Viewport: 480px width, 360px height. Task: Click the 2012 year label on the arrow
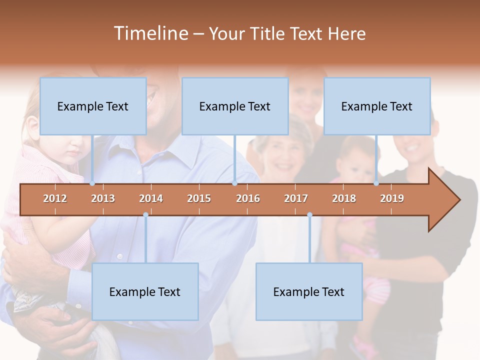[x=55, y=198]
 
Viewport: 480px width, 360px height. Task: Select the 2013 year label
[x=103, y=198]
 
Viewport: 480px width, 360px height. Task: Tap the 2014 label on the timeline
[x=151, y=198]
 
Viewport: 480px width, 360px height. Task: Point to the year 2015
[x=199, y=198]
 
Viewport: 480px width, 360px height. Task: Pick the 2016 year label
[x=248, y=198]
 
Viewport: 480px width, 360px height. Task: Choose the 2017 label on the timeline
[x=296, y=198]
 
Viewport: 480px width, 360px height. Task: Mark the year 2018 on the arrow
[x=344, y=198]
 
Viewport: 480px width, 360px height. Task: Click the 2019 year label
[x=392, y=198]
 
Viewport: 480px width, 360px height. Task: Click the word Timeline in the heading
[x=150, y=33]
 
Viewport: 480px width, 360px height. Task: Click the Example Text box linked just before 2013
[x=93, y=106]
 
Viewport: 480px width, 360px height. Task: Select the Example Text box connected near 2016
[x=235, y=106]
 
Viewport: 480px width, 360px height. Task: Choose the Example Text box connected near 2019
[x=377, y=106]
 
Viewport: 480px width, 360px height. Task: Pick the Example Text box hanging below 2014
[x=145, y=291]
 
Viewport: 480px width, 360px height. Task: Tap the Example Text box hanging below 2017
[x=309, y=291]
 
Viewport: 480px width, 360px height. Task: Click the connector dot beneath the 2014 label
[x=145, y=215]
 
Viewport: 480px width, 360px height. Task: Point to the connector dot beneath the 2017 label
[x=309, y=215]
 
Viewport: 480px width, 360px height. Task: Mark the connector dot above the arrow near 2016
[x=234, y=183]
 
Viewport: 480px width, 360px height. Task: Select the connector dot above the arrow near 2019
[x=376, y=183]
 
